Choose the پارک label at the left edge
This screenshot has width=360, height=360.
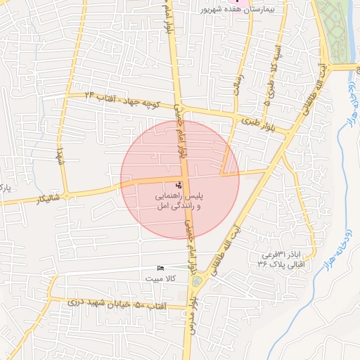pos(5,188)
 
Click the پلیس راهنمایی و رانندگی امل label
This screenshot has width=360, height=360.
pos(179,202)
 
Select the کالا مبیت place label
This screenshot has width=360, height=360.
pos(160,278)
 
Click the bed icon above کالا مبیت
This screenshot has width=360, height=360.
pos(160,269)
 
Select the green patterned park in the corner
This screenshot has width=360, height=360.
pos(335,28)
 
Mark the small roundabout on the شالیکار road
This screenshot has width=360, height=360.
pos(66,195)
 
